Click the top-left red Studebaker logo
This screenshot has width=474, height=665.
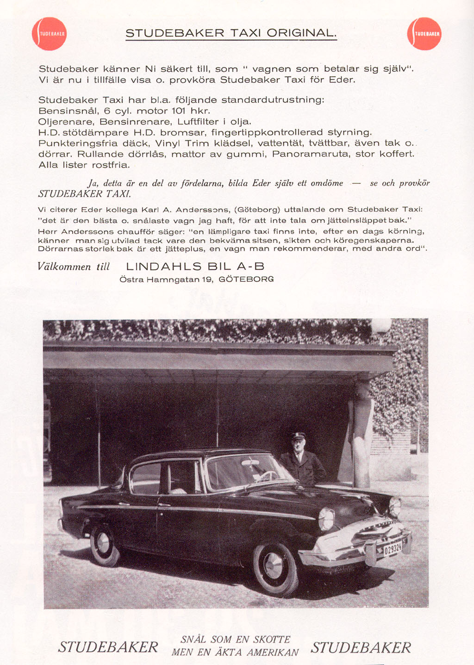(49, 34)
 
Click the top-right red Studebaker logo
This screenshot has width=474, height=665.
(424, 34)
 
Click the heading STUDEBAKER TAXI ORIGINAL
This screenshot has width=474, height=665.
(231, 33)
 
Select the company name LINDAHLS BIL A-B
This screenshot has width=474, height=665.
(195, 267)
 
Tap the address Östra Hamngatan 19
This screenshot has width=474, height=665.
(166, 280)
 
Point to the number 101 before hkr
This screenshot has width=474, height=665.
(179, 111)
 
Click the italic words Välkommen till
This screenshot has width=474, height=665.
(74, 267)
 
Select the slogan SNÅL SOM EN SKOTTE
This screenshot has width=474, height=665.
(235, 640)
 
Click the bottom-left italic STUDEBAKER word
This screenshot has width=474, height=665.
(108, 647)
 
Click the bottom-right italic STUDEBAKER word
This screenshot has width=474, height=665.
(361, 647)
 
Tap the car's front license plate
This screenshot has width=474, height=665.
(392, 549)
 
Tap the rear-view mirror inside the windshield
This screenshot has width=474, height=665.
(250, 462)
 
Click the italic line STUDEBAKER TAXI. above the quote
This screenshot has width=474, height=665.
(85, 193)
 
